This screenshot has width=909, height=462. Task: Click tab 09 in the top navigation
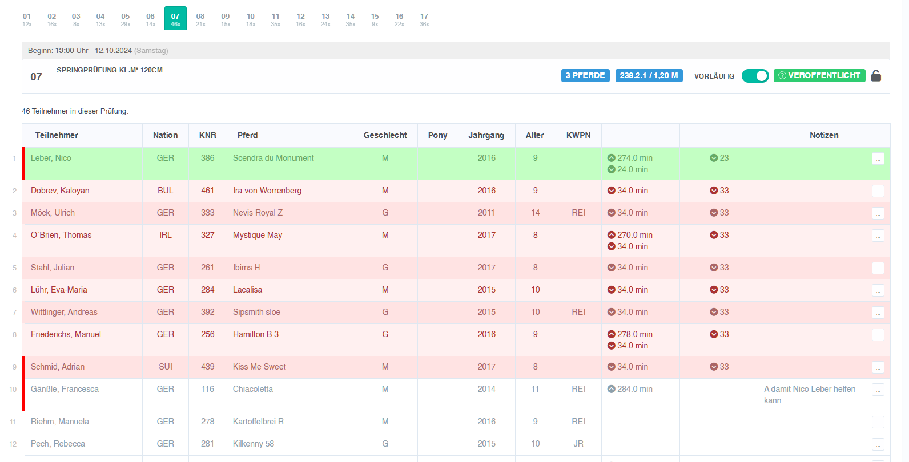point(225,19)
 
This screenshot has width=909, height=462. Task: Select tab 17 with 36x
point(424,19)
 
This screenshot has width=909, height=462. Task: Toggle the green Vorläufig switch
point(755,76)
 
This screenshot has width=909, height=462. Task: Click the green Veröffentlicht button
point(819,76)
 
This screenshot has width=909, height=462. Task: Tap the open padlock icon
point(876,76)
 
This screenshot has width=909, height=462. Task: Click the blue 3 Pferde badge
point(585,76)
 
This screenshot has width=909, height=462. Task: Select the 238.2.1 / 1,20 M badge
point(649,76)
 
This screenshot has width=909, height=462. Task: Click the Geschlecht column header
point(385,135)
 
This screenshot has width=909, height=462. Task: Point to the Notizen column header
point(824,135)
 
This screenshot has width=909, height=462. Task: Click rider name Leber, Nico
point(51,158)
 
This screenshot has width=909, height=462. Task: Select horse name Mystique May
point(258,235)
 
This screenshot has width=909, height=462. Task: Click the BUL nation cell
point(165,191)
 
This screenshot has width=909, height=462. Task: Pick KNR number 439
point(207,367)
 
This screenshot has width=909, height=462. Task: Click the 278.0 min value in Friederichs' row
point(635,334)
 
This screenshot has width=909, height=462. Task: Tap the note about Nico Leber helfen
point(810,395)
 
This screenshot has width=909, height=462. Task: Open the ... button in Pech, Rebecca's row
point(878,444)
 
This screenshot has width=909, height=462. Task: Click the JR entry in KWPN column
point(578,444)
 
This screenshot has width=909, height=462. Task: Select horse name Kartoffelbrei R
point(258,422)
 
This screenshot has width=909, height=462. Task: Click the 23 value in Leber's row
point(724,158)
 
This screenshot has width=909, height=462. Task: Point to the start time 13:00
point(65,51)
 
